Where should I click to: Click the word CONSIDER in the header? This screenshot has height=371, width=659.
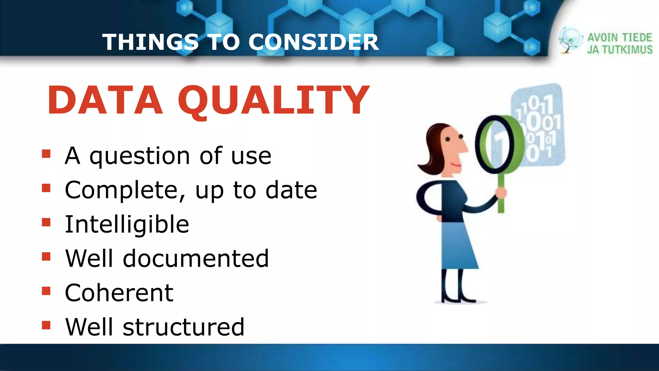click(x=314, y=42)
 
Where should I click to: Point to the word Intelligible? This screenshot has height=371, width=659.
click(x=127, y=224)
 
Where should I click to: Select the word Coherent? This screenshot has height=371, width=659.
click(x=119, y=293)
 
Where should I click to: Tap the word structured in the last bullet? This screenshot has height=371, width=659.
click(x=183, y=327)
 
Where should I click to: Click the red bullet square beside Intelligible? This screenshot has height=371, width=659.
click(x=46, y=222)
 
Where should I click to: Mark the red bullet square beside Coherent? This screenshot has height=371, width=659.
click(x=46, y=291)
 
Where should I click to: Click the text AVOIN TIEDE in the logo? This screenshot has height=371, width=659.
click(x=619, y=38)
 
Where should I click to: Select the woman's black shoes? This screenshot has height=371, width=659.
click(x=459, y=298)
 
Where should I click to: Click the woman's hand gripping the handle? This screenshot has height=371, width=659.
click(x=501, y=193)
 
